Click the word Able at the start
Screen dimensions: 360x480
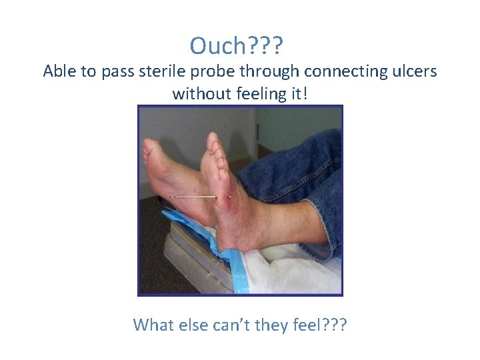[59, 71]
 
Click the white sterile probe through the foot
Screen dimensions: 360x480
[193, 197]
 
